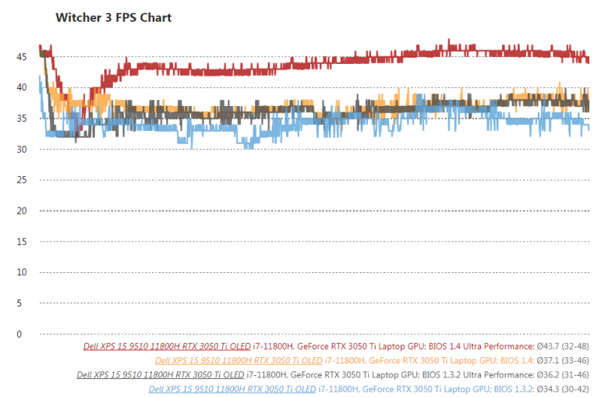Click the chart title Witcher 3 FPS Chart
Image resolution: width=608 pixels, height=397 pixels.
(114, 17)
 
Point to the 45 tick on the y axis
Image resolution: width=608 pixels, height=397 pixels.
(21, 56)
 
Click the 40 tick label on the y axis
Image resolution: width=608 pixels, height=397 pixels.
(21, 87)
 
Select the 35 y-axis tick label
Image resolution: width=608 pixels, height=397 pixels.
(21, 119)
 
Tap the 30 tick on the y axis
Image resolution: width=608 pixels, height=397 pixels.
(21, 149)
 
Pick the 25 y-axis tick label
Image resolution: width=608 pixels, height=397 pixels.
(21, 180)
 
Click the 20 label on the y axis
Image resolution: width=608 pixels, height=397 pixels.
(21, 211)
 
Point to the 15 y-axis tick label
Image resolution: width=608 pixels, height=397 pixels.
(21, 242)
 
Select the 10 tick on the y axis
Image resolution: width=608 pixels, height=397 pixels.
(21, 272)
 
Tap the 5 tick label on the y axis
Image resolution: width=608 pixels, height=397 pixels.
(23, 303)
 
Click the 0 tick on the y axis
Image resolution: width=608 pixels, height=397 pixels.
(23, 334)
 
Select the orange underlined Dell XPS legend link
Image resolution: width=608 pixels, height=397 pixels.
(239, 360)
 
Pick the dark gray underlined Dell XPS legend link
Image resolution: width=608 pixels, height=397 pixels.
(160, 374)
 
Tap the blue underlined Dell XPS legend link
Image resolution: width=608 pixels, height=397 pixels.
(232, 388)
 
